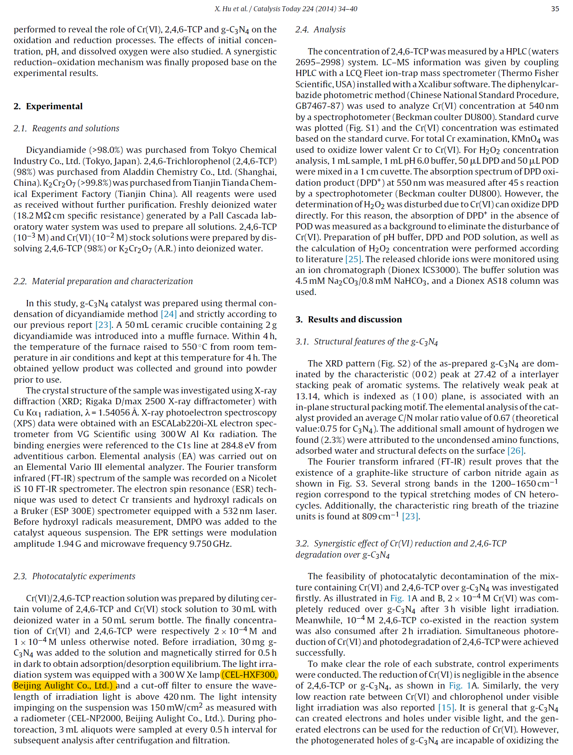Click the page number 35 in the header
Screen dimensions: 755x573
coord(555,9)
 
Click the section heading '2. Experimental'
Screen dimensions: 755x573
coord(48,106)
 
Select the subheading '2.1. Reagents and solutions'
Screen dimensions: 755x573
coord(67,128)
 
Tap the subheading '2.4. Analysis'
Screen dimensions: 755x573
coord(320,30)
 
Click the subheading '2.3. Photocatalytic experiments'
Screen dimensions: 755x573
coord(74,576)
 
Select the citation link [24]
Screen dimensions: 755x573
coord(169,314)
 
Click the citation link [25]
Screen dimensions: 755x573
coord(353,259)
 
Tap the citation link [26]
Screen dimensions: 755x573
coord(516,451)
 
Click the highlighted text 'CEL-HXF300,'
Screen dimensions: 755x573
coord(250,675)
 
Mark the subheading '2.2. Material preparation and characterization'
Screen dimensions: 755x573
coord(103,281)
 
